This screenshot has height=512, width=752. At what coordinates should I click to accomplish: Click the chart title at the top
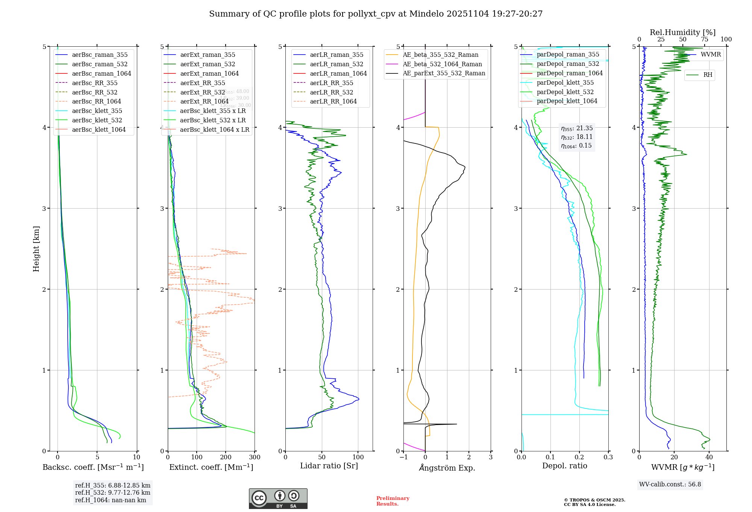click(376, 14)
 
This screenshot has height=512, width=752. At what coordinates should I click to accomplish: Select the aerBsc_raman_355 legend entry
click(100, 55)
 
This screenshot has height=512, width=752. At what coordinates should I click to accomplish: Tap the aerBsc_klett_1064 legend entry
click(99, 130)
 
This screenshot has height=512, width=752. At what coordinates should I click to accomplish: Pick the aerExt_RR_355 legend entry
click(202, 83)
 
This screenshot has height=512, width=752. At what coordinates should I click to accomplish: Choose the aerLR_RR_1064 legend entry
click(333, 102)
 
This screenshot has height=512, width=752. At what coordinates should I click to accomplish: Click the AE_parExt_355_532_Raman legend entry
click(444, 73)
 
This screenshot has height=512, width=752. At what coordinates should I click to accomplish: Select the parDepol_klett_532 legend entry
click(565, 92)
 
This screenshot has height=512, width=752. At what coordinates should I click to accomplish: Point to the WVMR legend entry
click(711, 55)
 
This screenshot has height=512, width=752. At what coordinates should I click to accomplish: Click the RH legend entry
click(708, 75)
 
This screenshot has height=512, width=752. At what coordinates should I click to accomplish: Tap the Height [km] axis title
click(36, 249)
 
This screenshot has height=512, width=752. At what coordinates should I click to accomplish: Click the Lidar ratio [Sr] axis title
click(329, 466)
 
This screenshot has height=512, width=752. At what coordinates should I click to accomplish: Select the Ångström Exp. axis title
click(447, 468)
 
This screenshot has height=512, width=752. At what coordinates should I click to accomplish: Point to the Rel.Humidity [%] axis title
click(682, 32)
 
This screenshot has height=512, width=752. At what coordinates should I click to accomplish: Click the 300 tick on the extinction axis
click(255, 457)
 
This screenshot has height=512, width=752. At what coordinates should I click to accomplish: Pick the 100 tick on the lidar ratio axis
click(358, 457)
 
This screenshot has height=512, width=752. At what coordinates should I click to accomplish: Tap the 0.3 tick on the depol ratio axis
click(608, 457)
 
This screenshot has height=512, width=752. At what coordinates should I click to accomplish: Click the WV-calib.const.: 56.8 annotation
click(670, 485)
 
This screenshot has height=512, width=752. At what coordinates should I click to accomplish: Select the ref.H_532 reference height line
click(112, 493)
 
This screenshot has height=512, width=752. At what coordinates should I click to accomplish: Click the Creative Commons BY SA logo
click(278, 499)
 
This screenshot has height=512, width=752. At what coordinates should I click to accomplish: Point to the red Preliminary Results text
click(393, 501)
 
